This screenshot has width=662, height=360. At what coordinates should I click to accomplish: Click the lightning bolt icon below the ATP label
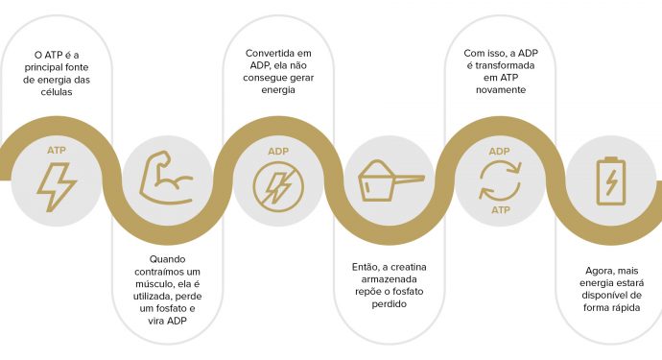pyautogui.click(x=57, y=186)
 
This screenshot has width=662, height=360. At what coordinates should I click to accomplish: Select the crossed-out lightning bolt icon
pyautogui.click(x=278, y=186)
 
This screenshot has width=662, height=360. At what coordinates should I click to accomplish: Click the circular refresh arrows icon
pyautogui.click(x=499, y=180)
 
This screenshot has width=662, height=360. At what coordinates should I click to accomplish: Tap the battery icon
pyautogui.click(x=609, y=180)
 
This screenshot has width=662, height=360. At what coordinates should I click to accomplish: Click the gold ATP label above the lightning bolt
pyautogui.click(x=57, y=151)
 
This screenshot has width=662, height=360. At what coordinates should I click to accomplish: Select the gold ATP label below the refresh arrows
pyautogui.click(x=499, y=209)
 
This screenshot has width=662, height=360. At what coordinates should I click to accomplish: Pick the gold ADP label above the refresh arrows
pyautogui.click(x=499, y=152)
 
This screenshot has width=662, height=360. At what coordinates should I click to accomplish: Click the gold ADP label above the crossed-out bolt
pyautogui.click(x=278, y=152)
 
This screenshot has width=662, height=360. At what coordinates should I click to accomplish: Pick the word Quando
pyautogui.click(x=168, y=259)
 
